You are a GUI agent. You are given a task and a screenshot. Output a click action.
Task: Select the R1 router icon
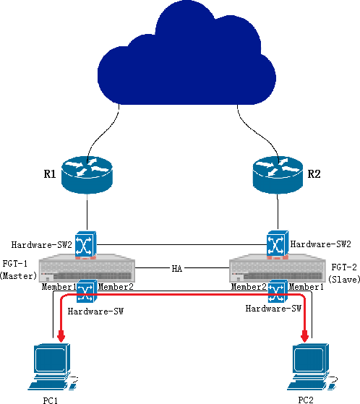(87, 175)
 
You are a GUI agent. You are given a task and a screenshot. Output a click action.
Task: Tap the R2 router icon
(278, 175)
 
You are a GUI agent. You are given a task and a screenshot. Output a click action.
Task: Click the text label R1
(50, 174)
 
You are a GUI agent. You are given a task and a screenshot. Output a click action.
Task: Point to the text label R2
(314, 174)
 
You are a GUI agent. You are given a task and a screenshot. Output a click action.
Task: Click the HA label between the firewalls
(177, 269)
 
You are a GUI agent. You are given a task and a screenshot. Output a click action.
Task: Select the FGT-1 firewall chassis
(87, 268)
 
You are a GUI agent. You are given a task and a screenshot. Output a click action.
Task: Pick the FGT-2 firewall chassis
(278, 268)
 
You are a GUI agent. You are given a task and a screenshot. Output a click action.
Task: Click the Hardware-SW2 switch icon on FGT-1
(86, 244)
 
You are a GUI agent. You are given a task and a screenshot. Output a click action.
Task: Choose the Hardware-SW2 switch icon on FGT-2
(278, 244)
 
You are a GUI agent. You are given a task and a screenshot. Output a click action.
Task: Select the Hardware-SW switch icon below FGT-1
(87, 291)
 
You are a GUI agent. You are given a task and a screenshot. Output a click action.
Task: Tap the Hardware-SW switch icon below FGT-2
(278, 291)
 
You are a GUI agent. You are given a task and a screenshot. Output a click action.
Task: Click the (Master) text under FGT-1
(18, 276)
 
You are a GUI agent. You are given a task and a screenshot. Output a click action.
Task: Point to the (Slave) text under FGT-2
(344, 279)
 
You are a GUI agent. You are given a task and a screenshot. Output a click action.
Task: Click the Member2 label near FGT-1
(116, 287)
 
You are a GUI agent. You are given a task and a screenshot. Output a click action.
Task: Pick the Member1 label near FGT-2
(306, 287)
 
